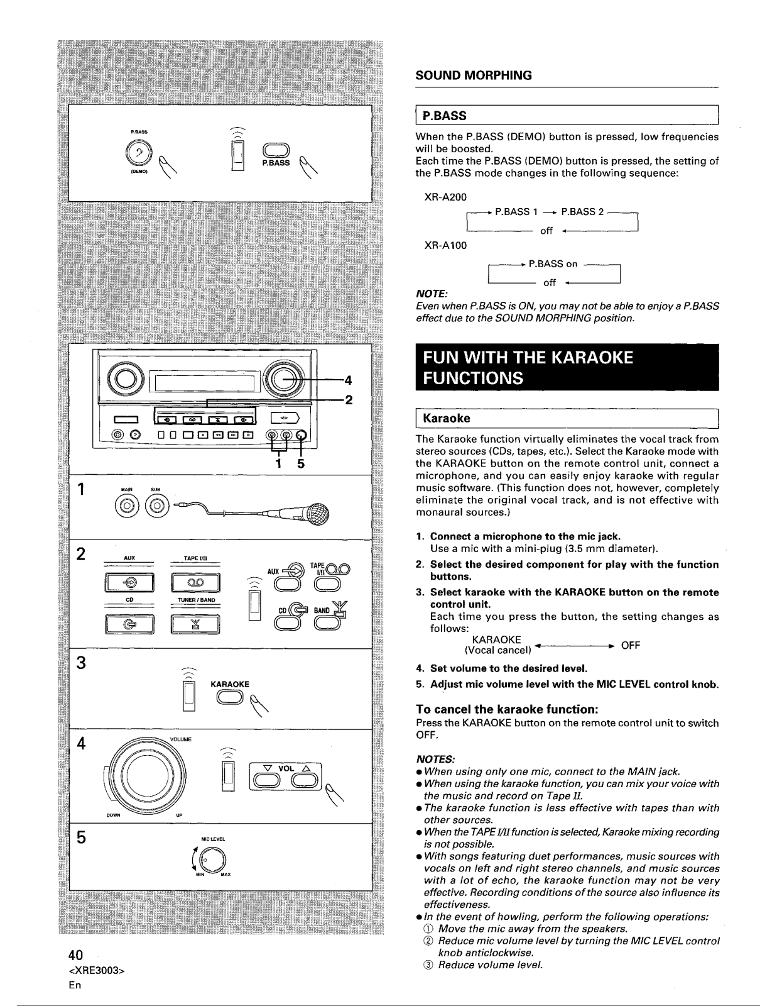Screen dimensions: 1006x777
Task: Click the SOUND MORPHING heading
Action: pyautogui.click(x=474, y=75)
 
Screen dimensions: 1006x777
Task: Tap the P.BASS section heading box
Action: pyautogui.click(x=567, y=116)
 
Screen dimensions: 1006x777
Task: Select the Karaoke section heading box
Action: pyautogui.click(x=567, y=418)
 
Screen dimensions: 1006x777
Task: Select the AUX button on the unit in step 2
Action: pyautogui.click(x=129, y=582)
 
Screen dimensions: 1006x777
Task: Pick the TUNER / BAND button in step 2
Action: pyautogui.click(x=195, y=623)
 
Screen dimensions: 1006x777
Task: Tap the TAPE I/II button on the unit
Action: pyautogui.click(x=195, y=582)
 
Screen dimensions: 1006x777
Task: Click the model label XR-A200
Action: pyautogui.click(x=447, y=197)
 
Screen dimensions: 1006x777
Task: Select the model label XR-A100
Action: pyautogui.click(x=447, y=245)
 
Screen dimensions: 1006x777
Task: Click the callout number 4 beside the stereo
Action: pyautogui.click(x=348, y=380)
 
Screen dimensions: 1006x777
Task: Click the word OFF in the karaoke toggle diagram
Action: pyautogui.click(x=630, y=645)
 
